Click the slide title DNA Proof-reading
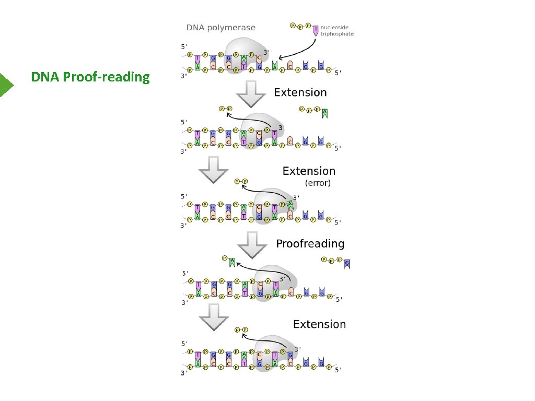click(x=90, y=77)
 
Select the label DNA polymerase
click(x=221, y=27)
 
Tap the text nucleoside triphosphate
click(x=336, y=31)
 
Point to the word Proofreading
click(x=310, y=243)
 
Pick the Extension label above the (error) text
click(x=309, y=171)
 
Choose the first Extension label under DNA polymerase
click(x=300, y=92)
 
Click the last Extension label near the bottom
click(x=319, y=324)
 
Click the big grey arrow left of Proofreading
click(x=252, y=246)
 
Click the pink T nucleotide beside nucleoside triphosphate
click(x=316, y=30)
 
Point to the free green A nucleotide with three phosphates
click(x=325, y=112)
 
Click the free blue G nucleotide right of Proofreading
click(x=347, y=263)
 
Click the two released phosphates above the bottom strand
click(x=241, y=330)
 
